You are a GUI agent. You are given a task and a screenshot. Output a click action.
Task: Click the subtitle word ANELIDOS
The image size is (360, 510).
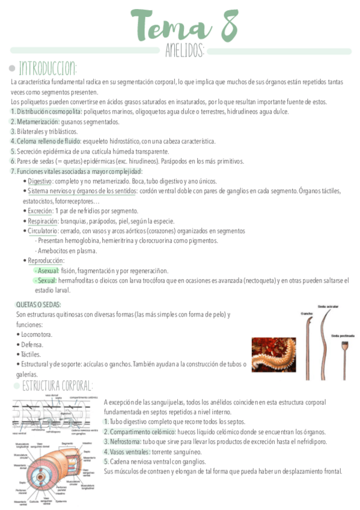coord(185,51)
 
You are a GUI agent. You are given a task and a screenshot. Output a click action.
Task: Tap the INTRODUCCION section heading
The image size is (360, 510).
coord(47,66)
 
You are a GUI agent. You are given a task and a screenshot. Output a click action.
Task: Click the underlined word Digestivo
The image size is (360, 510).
coord(40,181)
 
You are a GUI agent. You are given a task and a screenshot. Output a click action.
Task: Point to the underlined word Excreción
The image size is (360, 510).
coord(40,211)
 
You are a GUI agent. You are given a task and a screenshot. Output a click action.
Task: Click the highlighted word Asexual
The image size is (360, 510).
coord(46,271)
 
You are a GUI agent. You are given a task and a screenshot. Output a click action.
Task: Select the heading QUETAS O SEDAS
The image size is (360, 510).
coord(38,304)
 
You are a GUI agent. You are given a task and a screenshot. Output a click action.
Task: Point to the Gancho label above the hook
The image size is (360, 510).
coord(307,313)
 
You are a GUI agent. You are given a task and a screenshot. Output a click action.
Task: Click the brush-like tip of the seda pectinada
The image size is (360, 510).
coord(346,346)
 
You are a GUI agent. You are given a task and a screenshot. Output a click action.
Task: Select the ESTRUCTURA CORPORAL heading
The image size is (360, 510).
coord(57,386)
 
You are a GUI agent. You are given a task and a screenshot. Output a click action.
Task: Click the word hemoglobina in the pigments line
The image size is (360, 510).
coord(85,241)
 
